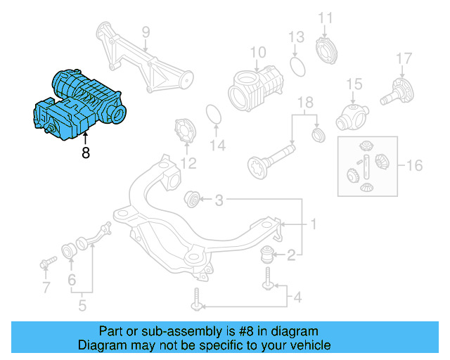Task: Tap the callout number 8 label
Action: pos(85,151)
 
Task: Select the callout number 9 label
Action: pos(146,32)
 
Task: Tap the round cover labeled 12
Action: pos(186,133)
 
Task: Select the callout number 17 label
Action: pos(403,58)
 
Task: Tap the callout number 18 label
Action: pos(304,105)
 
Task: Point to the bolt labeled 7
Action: pos(47,264)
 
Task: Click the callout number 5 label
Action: pos(82,306)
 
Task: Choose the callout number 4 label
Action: pos(297,298)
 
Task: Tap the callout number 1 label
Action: pos(314,224)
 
